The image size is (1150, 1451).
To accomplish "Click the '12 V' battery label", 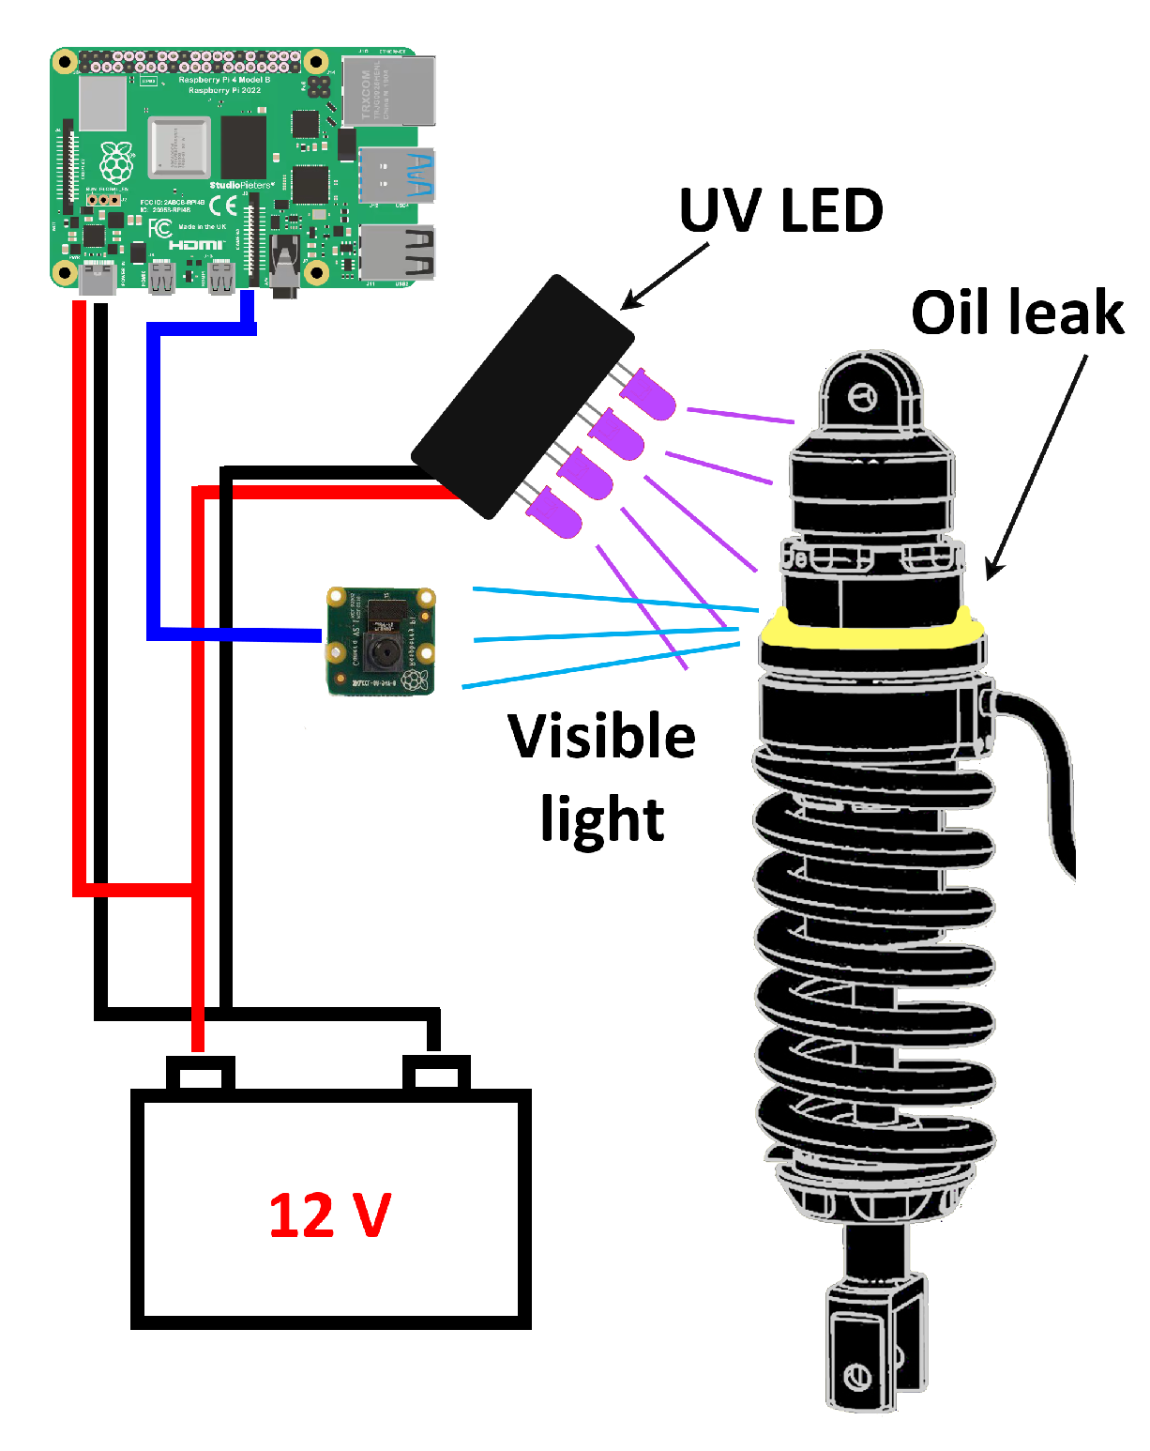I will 329,1214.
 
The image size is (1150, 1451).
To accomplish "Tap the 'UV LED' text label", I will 780,211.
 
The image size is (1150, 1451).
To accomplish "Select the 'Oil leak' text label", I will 1017,313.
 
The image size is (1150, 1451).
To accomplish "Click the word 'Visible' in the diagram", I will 602,737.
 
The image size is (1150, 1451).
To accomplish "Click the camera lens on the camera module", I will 381,649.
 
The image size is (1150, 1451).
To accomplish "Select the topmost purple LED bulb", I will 649,394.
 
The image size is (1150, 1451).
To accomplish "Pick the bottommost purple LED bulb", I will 554,515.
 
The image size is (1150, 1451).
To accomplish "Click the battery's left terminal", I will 200,1073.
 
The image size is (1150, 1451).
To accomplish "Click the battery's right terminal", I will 436,1073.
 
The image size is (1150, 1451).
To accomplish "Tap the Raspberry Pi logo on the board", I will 116,162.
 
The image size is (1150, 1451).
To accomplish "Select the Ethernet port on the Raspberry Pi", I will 389,91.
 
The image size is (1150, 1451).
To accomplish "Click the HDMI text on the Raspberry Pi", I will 196,245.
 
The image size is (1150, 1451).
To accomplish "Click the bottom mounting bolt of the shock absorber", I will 857,1378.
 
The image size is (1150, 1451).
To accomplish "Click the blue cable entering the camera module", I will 235,634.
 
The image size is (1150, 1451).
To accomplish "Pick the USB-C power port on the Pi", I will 98,280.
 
